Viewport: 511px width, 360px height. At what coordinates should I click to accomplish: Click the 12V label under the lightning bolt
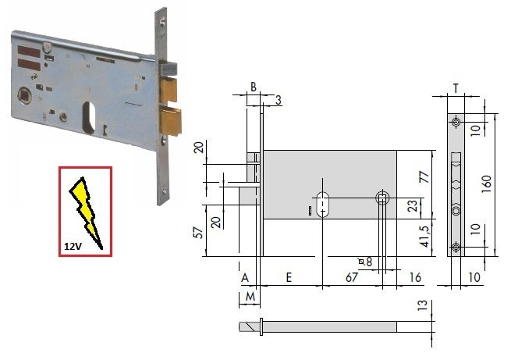pos(73,246)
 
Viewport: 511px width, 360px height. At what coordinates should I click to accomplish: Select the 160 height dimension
pos(486,184)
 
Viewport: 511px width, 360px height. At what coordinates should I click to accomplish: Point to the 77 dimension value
pos(424,177)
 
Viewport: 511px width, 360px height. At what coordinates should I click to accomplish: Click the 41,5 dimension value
pos(425,236)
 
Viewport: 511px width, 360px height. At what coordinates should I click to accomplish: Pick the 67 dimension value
pos(352,277)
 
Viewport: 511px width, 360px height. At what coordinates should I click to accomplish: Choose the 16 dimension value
pos(415,277)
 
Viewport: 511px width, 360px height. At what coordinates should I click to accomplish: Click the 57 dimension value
pos(198,233)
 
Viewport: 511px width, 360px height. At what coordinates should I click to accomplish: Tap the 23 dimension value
pos(412,206)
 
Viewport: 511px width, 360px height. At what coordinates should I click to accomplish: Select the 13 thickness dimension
pos(422,305)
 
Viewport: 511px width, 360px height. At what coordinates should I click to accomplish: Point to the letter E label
pos(289,277)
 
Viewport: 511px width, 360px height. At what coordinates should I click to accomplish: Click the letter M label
pos(250,297)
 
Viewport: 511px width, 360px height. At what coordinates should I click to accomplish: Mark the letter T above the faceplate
pos(456,88)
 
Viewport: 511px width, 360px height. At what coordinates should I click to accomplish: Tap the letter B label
pos(254,87)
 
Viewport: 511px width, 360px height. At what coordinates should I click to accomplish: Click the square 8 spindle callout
pos(365,262)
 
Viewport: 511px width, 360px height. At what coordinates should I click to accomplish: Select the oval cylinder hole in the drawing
pos(323,204)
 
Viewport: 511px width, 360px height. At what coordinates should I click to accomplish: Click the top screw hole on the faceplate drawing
pos(456,123)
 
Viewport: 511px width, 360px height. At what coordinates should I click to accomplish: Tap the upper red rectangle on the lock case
pos(29,52)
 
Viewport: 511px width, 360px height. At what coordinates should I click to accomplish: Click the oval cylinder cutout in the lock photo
pos(89,118)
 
